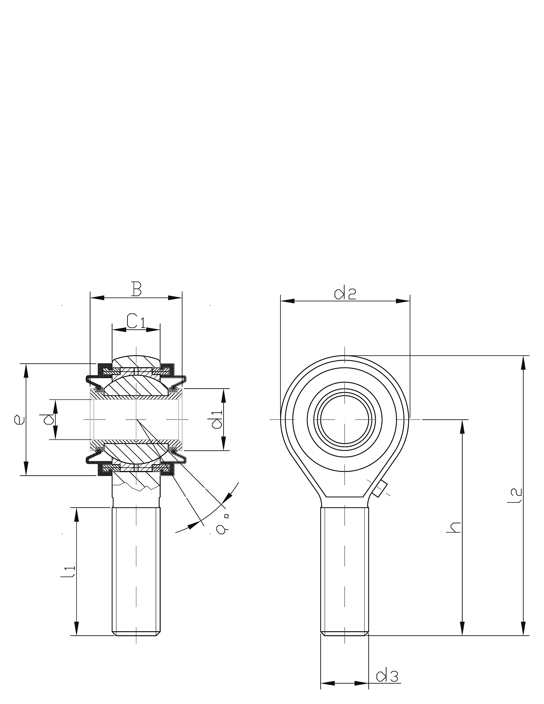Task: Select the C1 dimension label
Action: [x=136, y=321]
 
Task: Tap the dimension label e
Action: [x=19, y=419]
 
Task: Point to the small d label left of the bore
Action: [x=49, y=419]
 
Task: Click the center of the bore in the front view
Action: [x=345, y=419]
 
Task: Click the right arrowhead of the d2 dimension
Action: [x=403, y=301]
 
